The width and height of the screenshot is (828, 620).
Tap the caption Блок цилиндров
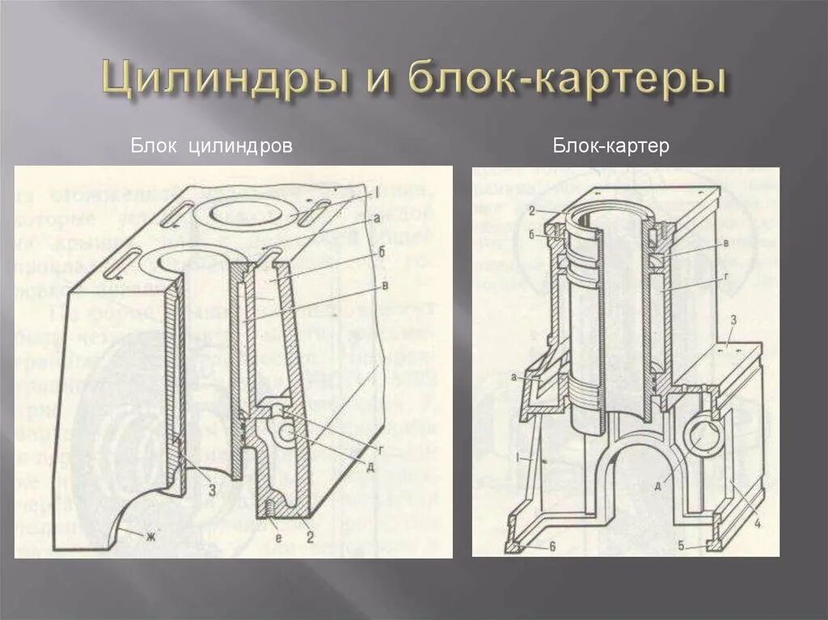tap(211, 146)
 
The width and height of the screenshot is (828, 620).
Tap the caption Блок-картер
tap(611, 146)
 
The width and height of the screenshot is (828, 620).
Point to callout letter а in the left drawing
tap(376, 218)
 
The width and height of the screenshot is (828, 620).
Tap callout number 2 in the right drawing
tap(534, 211)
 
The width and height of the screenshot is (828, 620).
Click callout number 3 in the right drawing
tap(732, 320)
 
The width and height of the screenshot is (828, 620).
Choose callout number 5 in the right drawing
tap(682, 546)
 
